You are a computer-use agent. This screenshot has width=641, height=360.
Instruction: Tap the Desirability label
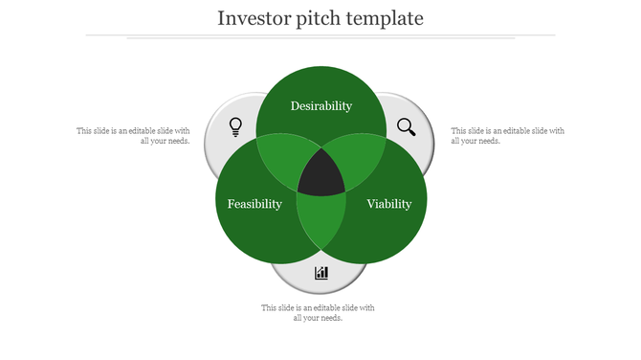[321, 105]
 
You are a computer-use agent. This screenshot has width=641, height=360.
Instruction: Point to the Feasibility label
[254, 204]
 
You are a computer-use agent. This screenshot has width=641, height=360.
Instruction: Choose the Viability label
[389, 204]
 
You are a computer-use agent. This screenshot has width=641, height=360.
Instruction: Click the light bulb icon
[235, 126]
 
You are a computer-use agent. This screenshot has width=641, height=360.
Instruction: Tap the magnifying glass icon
[407, 126]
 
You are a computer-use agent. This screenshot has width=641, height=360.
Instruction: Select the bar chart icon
[321, 273]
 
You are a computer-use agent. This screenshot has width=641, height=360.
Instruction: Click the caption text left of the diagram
[134, 136]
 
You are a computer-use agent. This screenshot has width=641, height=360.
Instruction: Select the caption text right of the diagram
[507, 136]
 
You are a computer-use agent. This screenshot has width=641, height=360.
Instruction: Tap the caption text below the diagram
[319, 313]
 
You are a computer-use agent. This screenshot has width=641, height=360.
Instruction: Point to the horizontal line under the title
[320, 35]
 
